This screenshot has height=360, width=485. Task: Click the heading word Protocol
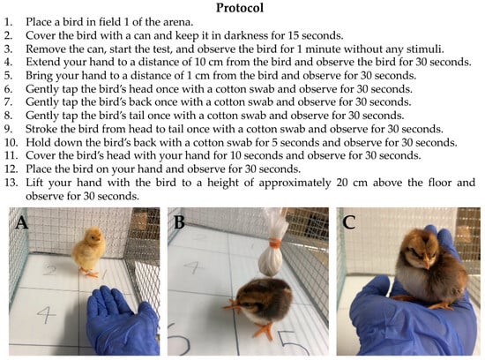(240, 8)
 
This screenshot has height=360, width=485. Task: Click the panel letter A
(22, 222)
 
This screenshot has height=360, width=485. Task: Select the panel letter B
(180, 222)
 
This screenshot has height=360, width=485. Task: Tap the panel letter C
(349, 222)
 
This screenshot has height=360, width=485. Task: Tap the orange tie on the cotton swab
(275, 243)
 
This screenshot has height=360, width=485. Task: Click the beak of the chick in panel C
(428, 265)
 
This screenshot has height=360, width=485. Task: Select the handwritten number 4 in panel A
(47, 314)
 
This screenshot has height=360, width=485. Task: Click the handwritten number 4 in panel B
(193, 267)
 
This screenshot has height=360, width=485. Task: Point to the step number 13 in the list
(11, 183)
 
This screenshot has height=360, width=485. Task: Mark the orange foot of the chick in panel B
(264, 331)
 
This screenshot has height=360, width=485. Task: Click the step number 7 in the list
(8, 102)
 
